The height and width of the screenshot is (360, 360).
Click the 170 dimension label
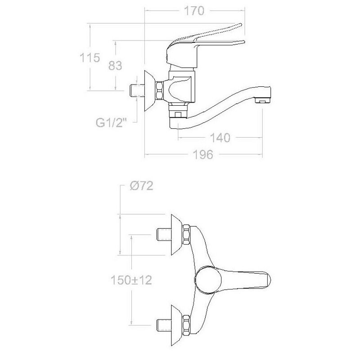coord(194,11)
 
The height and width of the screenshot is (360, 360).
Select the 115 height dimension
coord(90,58)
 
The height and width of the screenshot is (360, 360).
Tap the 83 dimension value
coord(115,66)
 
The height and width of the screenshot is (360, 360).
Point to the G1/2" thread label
coord(111,123)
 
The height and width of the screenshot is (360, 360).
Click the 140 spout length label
coord(220,138)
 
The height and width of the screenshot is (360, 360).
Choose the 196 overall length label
coord(203,155)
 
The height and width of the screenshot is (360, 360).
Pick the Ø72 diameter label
coord(141,186)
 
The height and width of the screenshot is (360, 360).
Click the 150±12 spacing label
coord(131,280)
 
